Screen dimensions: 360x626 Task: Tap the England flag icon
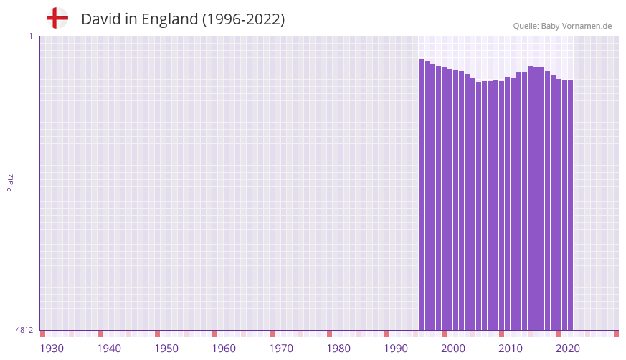click(x=57, y=18)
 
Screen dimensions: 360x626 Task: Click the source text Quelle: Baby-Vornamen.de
click(x=562, y=26)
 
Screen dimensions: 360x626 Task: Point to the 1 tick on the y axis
click(x=30, y=36)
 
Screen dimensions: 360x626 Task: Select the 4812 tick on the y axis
click(x=24, y=330)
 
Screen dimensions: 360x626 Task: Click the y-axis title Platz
click(x=10, y=182)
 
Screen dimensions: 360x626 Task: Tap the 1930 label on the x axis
click(x=52, y=349)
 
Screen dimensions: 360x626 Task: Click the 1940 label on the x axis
click(x=109, y=349)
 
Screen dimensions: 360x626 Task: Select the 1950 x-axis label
click(x=166, y=349)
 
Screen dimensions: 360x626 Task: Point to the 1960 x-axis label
click(x=224, y=349)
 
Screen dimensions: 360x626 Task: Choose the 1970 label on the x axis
click(x=281, y=349)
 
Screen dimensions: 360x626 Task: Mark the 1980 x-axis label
click(x=338, y=349)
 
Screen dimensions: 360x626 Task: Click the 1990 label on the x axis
click(x=396, y=349)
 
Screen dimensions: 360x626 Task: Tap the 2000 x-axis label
click(x=453, y=349)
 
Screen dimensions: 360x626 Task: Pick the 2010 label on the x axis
click(x=511, y=349)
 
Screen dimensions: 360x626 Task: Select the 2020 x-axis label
click(x=568, y=349)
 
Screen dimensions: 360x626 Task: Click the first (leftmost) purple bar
click(x=422, y=194)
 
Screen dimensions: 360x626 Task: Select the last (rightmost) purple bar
click(x=570, y=204)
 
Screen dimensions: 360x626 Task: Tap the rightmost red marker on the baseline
click(x=616, y=333)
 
